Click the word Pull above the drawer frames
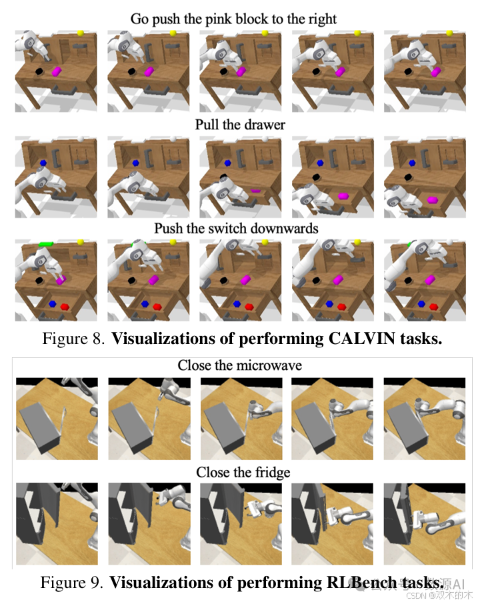click(x=207, y=124)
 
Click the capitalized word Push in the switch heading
click(x=169, y=228)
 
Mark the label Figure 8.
click(x=73, y=339)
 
